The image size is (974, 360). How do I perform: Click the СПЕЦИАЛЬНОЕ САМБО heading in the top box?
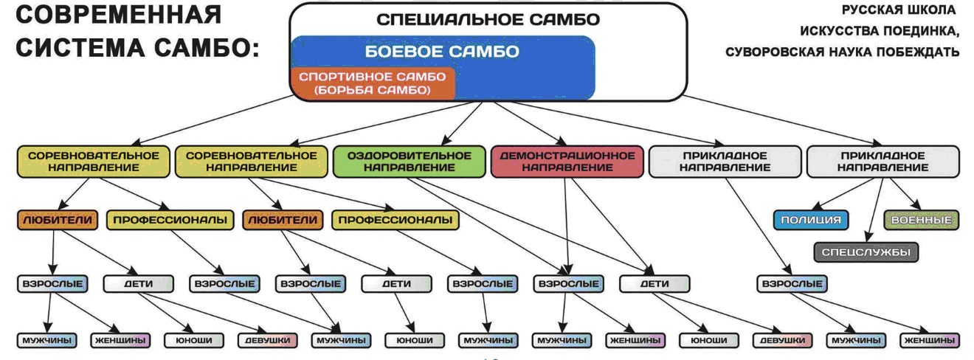488,20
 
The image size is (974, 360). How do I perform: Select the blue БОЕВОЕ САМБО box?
443,52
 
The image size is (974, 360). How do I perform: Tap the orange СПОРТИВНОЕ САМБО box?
373,83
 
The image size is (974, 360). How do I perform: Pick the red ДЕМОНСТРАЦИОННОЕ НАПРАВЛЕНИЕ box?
567,162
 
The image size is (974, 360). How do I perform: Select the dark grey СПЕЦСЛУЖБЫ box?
866,252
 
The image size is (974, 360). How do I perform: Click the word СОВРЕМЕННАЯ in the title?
118,15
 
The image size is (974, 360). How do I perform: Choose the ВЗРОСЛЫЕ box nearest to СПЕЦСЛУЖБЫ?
792,283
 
